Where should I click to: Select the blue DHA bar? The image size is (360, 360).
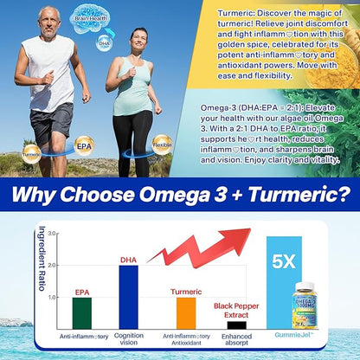(128, 295)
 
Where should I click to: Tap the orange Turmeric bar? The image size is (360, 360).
(185, 311)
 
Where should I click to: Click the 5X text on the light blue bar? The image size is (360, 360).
(284, 259)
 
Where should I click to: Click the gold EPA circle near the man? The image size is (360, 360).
(84, 145)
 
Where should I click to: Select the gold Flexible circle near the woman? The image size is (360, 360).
(161, 144)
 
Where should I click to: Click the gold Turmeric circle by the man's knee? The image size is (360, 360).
(31, 155)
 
